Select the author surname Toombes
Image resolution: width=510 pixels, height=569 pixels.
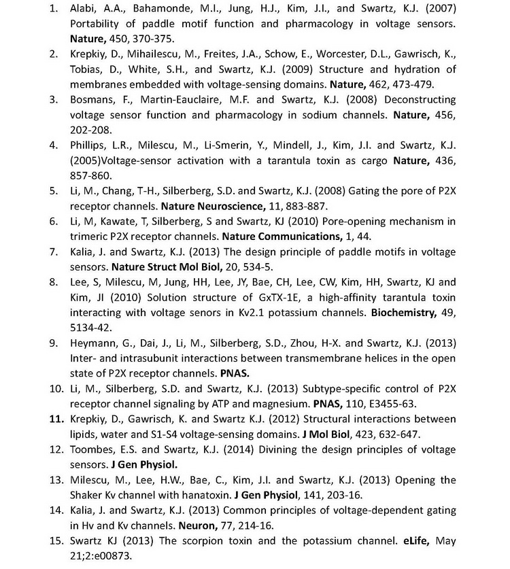tap(95, 450)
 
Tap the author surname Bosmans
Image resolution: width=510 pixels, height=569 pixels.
tap(92, 99)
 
